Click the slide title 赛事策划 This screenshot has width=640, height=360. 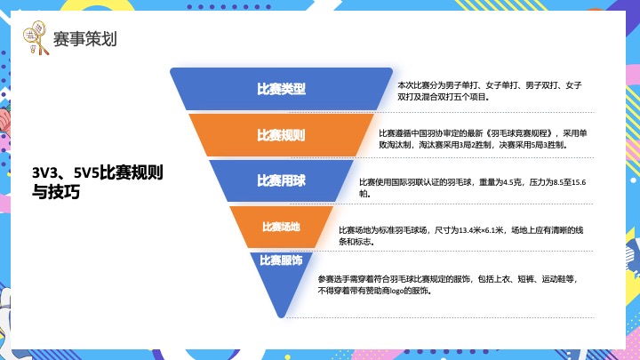coord(84,39)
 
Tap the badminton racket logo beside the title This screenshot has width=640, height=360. coord(36,39)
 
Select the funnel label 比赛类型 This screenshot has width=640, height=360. coord(281,89)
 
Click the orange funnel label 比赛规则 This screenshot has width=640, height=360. coord(281,135)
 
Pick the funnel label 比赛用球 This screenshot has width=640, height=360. coord(281,180)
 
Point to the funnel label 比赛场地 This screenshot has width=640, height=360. coord(281,226)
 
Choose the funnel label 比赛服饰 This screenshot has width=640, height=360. coord(281,260)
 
